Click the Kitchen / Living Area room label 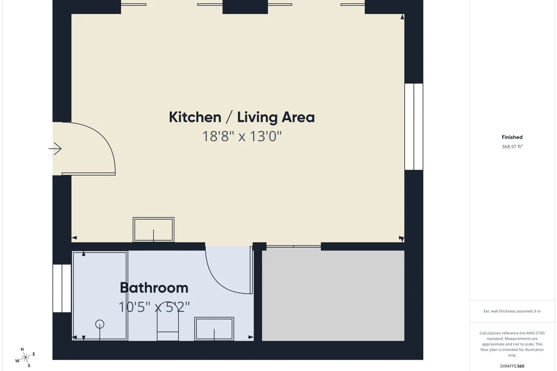tap(242, 117)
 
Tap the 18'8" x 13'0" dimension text tap(242, 137)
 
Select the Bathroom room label tap(154, 288)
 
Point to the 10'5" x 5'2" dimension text tap(154, 307)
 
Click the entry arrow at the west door tap(55, 149)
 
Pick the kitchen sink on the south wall tap(154, 229)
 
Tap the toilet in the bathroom tap(168, 321)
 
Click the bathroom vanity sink tap(214, 328)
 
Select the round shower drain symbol tap(100, 324)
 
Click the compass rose tap(25, 358)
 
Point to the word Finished tap(512, 137)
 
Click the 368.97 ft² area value tap(512, 147)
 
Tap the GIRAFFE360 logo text tap(512, 366)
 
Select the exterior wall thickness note tap(512, 311)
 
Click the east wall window tap(414, 127)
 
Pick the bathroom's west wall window tap(62, 288)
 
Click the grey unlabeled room tap(333, 296)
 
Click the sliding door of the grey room tap(294, 246)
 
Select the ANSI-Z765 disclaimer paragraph tap(512, 344)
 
